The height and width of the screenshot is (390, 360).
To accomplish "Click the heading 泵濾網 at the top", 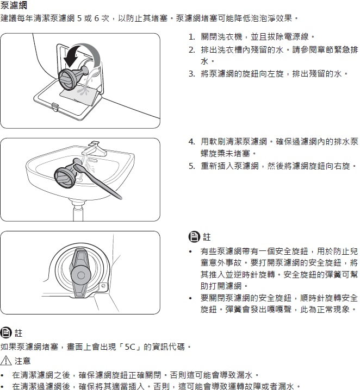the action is coord(14,4).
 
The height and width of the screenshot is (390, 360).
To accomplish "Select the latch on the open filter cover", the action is coord(55,106).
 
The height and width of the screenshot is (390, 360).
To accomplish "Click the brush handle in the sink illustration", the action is coord(100,181).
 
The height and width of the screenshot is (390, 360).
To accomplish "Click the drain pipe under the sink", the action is coord(78,211).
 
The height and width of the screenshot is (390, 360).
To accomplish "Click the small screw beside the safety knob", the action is coord(103,286).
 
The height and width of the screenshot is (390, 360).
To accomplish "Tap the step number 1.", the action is coord(191,37).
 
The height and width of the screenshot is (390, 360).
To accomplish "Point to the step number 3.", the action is coord(191,74).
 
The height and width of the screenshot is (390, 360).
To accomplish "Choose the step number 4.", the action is coord(191,142).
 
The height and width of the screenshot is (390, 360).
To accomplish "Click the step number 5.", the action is coord(191,166).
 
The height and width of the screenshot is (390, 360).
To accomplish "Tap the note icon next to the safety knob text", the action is coord(194,236).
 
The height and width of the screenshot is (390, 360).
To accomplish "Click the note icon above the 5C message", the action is coord(6,332).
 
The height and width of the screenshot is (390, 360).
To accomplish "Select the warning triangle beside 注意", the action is coord(6,361).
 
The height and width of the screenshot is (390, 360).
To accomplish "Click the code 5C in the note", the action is coord(130,347).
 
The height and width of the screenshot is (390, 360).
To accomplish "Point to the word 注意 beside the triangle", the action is coord(22,361).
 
